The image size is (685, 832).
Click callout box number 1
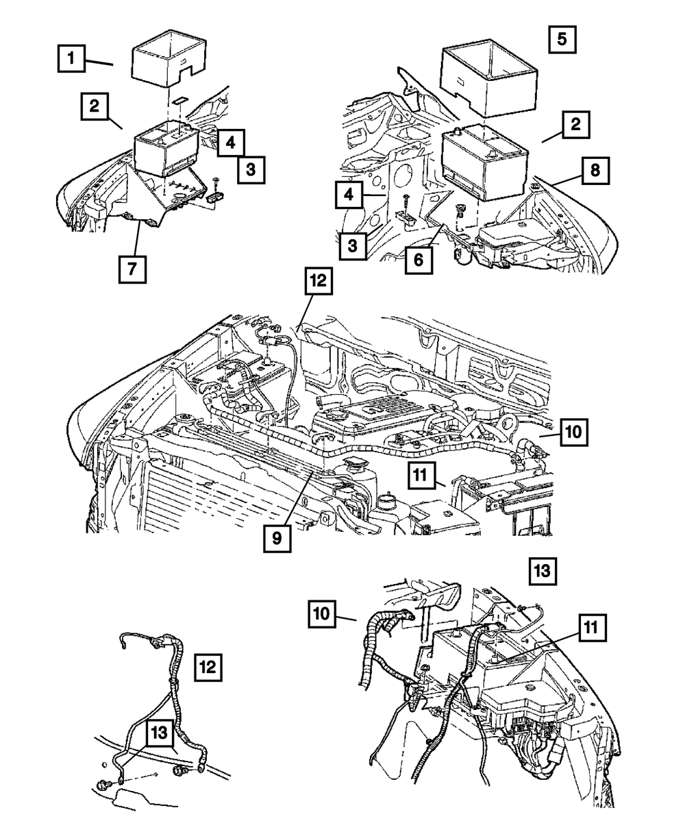click(71, 58)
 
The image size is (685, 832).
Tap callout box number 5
click(562, 40)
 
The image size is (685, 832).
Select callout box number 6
click(419, 260)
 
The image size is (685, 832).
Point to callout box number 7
click(132, 269)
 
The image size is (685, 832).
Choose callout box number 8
click(595, 171)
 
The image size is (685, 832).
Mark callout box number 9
click(277, 539)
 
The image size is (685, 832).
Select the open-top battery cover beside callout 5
click(488, 78)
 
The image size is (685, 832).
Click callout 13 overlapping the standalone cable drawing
click(160, 733)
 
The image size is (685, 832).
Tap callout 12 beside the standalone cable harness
click(208, 668)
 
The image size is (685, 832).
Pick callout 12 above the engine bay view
click(319, 281)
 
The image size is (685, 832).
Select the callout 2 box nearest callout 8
click(576, 125)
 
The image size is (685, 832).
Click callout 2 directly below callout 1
click(95, 106)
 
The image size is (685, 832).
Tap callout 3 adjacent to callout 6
click(353, 246)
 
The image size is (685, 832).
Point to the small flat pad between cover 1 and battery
click(179, 99)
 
